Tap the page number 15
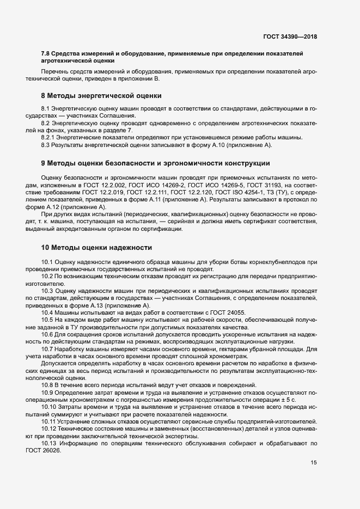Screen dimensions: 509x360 point(313,463)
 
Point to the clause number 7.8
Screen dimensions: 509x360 point(46,53)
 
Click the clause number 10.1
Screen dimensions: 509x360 point(48,262)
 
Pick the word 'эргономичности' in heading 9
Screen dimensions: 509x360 point(166,163)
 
